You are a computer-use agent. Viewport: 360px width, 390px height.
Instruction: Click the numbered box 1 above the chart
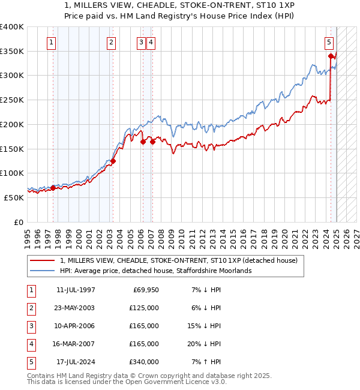[52, 42]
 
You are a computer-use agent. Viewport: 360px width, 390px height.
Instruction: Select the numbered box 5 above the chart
[329, 42]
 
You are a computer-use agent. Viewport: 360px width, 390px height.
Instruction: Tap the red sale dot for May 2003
[113, 161]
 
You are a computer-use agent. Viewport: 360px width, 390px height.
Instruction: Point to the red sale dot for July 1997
[53, 188]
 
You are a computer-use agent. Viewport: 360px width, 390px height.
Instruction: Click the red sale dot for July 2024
[331, 56]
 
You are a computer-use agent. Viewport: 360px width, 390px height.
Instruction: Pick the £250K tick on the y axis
[12, 100]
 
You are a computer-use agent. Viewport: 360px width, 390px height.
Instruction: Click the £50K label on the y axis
[14, 197]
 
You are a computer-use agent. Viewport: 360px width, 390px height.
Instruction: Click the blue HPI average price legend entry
[155, 271]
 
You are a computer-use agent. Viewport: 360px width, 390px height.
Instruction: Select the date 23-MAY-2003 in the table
[75, 308]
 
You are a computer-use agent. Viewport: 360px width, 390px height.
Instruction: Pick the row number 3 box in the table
[31, 326]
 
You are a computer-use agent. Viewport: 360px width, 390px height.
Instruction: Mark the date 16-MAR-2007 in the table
[75, 344]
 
